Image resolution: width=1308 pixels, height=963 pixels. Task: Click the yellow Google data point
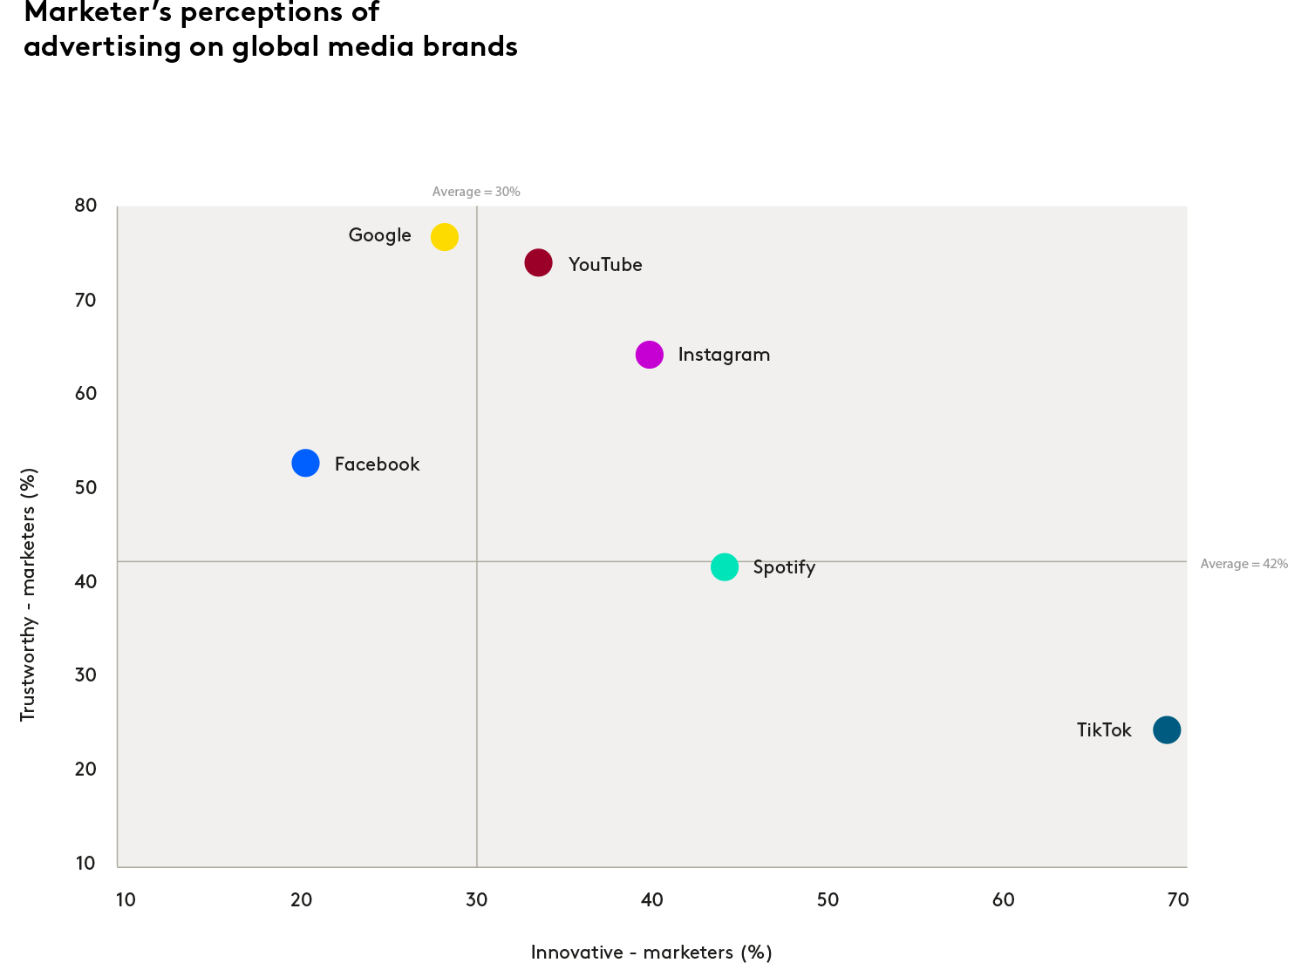coord(445,237)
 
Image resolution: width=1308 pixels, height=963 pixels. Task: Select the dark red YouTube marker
coord(539,262)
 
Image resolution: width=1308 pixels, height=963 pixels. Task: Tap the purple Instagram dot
coord(650,355)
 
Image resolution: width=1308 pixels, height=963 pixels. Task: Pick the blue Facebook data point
coord(305,463)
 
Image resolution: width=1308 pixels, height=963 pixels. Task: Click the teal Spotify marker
coord(725,567)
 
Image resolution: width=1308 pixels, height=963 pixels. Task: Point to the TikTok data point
coord(1167,729)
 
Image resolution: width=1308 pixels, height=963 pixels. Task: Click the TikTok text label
coord(1104,730)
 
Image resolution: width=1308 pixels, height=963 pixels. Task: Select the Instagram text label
coord(724,355)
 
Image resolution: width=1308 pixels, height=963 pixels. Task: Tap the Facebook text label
coord(377,465)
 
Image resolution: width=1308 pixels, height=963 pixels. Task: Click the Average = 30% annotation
coord(476,192)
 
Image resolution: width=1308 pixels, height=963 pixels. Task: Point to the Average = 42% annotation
coord(1243,564)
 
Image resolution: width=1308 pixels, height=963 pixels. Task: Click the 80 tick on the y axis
coord(85,206)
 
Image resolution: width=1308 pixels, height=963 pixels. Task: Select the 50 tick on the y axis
coord(85,487)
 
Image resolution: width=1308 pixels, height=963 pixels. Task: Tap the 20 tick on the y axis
coord(85,769)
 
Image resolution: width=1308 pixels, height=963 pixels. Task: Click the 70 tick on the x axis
coord(1177,900)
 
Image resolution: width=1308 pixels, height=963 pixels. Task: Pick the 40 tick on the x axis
coord(651,900)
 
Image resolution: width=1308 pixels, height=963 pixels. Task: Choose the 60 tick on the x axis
coord(1003,900)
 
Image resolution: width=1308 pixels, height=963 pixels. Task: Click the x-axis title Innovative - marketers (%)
coord(651,953)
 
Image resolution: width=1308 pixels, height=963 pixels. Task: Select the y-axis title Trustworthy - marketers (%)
coord(28,594)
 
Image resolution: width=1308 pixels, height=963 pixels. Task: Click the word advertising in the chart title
coord(102,46)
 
